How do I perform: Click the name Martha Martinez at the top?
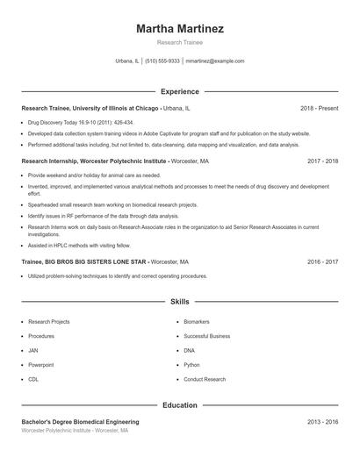click(180, 29)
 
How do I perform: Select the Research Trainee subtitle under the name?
click(180, 42)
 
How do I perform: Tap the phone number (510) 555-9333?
click(162, 61)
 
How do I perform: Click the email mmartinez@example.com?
click(214, 61)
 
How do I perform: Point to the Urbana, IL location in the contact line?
click(127, 61)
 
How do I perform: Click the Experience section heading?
click(180, 91)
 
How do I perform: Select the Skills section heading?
click(180, 302)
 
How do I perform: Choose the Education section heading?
click(180, 405)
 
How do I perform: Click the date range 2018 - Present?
click(319, 108)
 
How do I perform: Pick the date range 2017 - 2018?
click(322, 161)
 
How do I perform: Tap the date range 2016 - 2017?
click(322, 261)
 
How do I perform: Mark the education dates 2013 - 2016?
click(322, 422)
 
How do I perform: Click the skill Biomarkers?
click(197, 322)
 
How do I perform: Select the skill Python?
click(192, 364)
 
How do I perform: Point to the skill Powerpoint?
click(40, 364)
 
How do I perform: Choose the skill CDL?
click(33, 379)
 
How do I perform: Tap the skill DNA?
click(190, 350)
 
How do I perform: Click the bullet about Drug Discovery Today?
click(81, 123)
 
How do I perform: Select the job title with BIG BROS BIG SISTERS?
click(83, 261)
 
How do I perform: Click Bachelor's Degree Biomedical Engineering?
click(80, 422)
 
